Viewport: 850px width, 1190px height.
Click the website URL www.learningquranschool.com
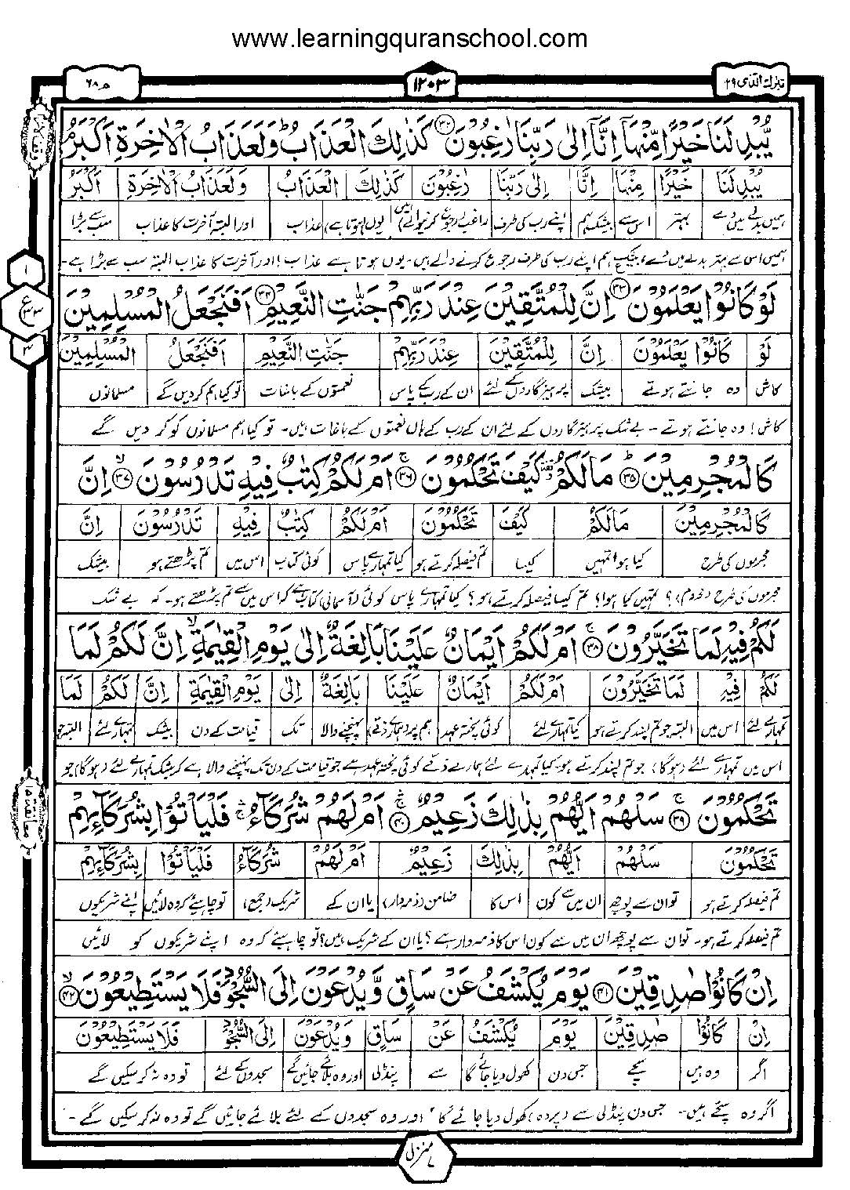409,37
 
